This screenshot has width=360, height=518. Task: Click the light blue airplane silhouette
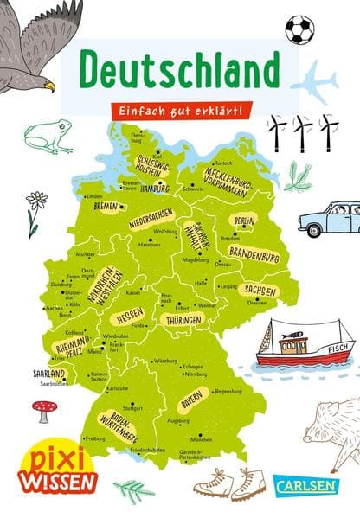coord(313,85)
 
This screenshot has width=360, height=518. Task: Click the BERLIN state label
coord(244,221)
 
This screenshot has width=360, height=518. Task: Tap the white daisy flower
coord(36,201)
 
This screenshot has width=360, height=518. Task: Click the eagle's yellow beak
coord(50,86)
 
